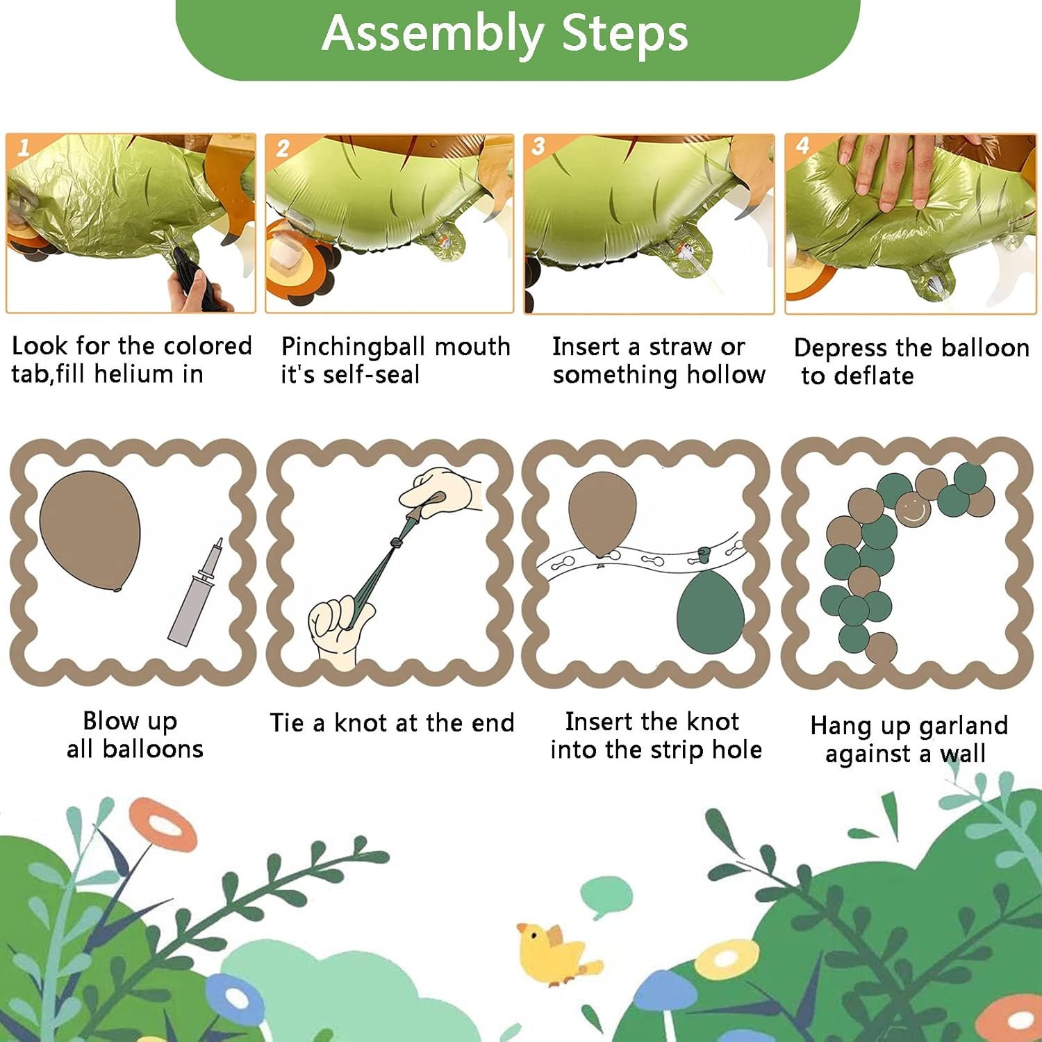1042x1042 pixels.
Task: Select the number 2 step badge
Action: [283, 148]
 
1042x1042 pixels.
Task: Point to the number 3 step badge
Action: [538, 146]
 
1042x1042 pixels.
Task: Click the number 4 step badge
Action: [802, 145]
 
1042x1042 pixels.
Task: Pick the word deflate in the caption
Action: [874, 376]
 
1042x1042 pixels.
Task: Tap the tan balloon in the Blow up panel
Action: [90, 531]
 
